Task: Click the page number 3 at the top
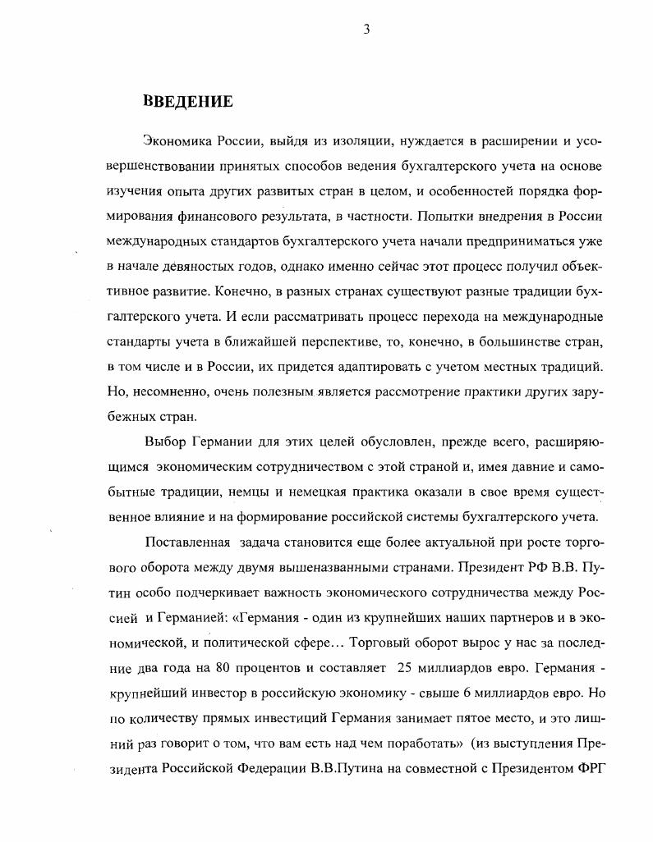point(367,30)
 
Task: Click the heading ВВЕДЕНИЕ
point(188,102)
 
